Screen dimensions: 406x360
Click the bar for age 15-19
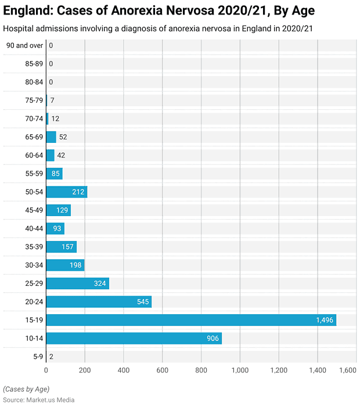pos(191,320)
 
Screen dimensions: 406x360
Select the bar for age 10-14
pos(134,338)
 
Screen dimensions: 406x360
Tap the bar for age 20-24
pos(99,302)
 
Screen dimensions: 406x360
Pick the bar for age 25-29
pos(77,283)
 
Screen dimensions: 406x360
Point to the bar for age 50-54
pos(66,192)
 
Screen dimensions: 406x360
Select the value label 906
pos(213,338)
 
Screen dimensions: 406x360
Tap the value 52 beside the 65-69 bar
pos(63,137)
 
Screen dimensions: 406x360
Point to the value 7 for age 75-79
pos(52,100)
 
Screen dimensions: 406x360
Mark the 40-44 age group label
pos(34,229)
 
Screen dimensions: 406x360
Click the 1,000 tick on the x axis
pos(240,369)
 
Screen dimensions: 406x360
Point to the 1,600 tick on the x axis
pos(347,369)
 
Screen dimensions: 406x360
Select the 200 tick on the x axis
pos(85,369)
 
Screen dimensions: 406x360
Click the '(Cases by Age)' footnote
pos(26,389)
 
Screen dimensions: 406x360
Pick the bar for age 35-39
pos(61,247)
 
